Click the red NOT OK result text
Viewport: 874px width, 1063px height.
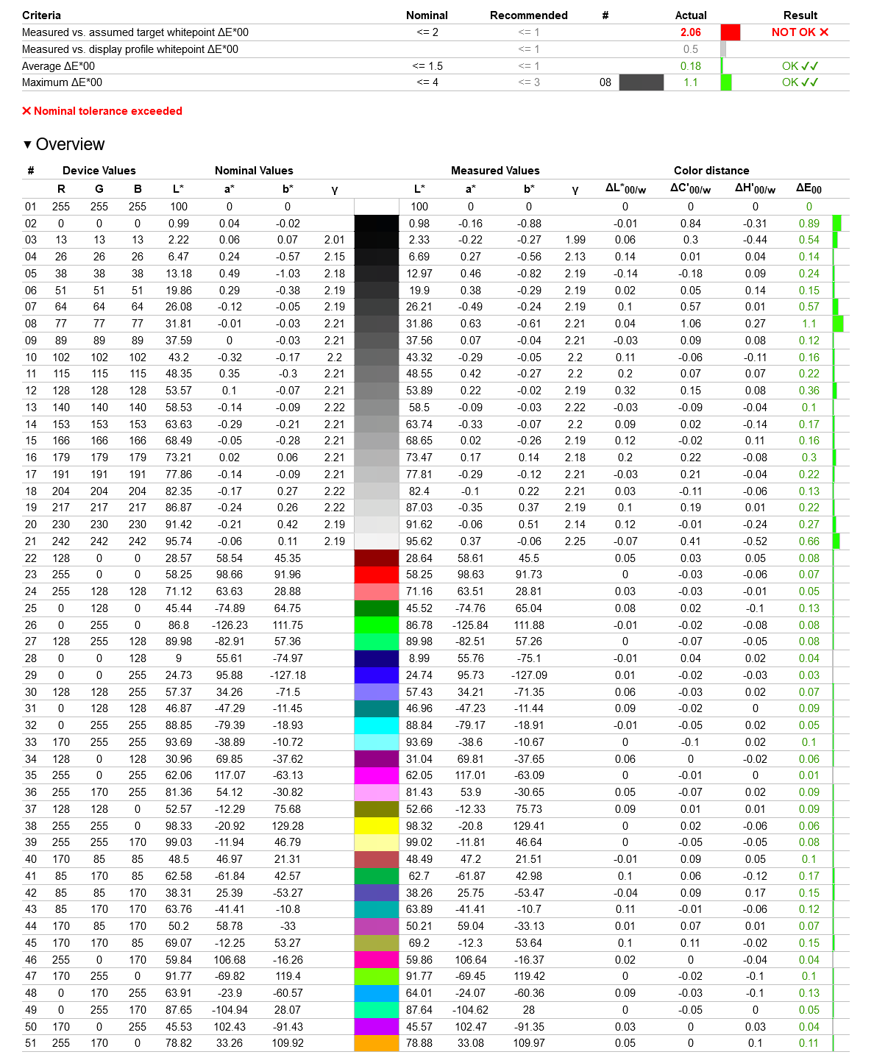(800, 32)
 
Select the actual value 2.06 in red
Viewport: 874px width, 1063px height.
(690, 32)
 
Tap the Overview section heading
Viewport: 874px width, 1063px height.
(70, 144)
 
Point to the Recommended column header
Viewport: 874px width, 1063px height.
(528, 15)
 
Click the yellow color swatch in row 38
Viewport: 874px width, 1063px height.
(376, 826)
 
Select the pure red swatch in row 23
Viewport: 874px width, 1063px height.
(376, 575)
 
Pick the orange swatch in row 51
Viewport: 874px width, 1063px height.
(376, 1043)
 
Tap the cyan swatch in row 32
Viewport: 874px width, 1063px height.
(376, 725)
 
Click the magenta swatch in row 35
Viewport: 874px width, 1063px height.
(376, 775)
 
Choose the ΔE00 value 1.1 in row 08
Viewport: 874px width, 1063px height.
(809, 324)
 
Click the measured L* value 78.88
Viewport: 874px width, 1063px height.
(419, 1043)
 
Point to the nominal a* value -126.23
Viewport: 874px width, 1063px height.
(230, 625)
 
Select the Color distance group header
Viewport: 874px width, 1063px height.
(711, 171)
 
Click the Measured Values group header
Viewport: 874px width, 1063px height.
(494, 171)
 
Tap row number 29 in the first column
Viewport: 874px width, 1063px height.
(31, 675)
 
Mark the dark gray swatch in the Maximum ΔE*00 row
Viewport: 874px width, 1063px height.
(641, 82)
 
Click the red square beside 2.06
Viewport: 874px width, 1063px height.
(730, 32)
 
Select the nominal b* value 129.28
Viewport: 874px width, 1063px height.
(287, 826)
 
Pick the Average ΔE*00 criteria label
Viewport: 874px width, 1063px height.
(58, 66)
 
